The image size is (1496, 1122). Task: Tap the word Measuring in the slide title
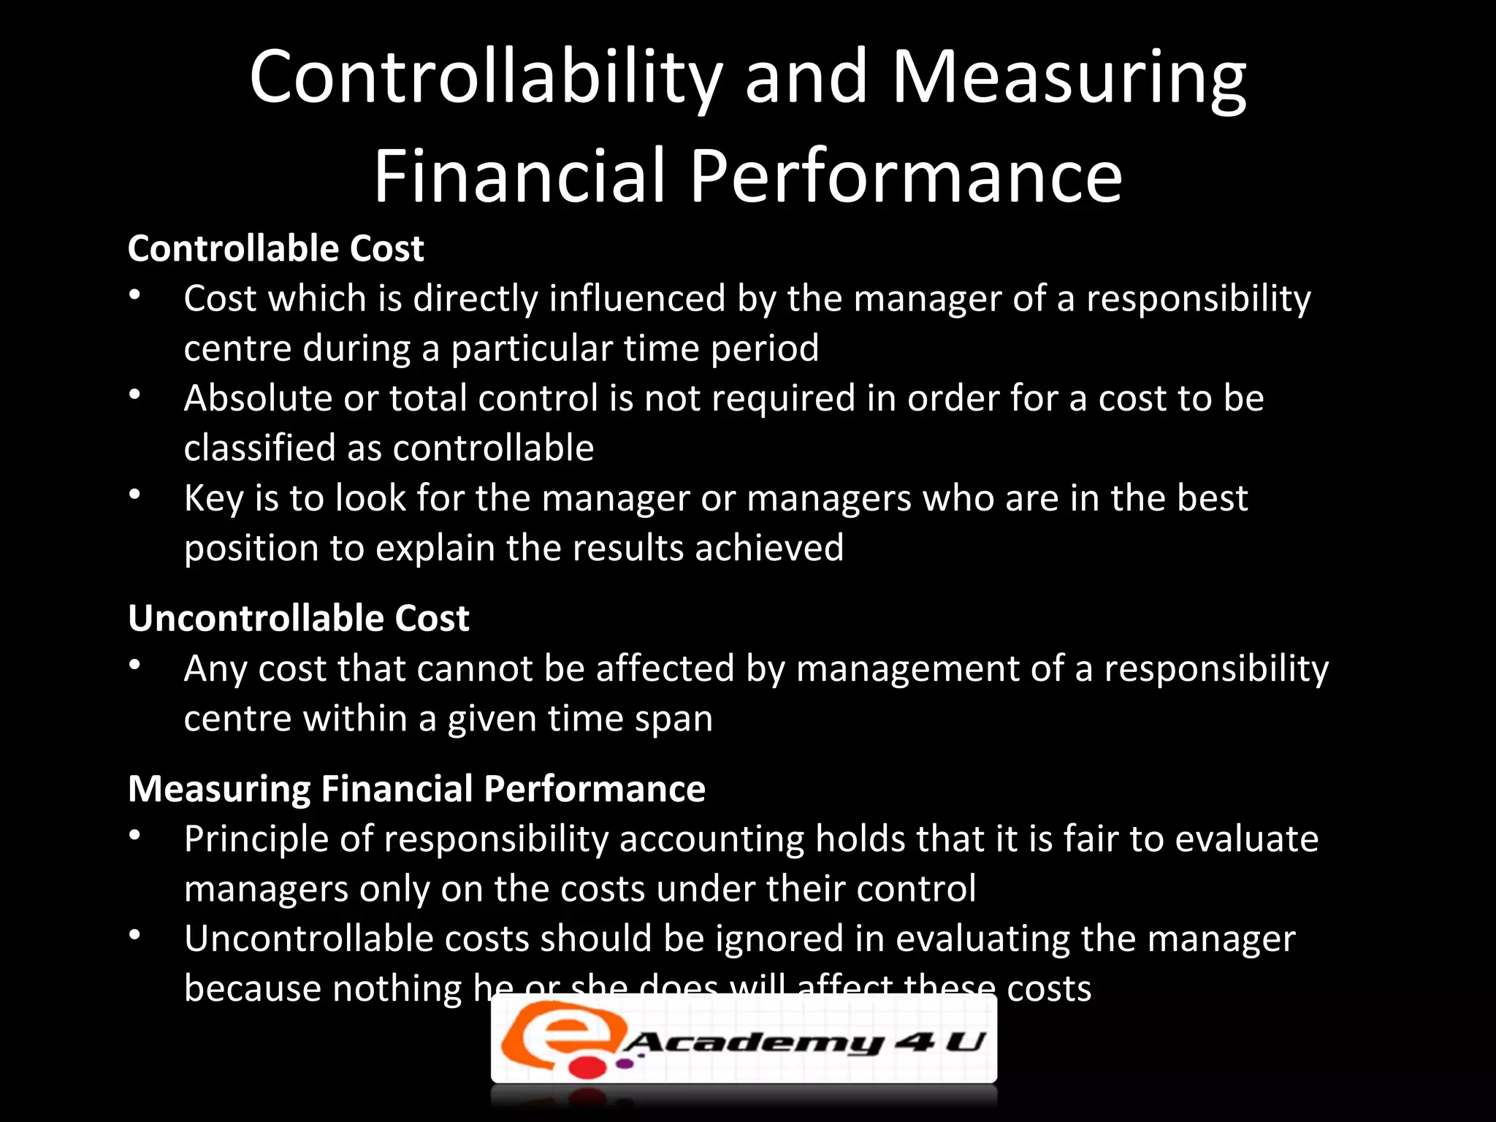tap(1069, 77)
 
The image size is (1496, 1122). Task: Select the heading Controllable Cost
tap(275, 248)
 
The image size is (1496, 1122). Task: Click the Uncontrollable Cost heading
tap(298, 618)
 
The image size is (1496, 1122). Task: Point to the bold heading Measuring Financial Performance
tap(416, 789)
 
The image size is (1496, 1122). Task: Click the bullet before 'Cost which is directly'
tap(134, 296)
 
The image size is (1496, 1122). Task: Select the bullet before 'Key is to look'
tap(134, 495)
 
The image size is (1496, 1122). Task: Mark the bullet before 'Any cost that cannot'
tap(134, 665)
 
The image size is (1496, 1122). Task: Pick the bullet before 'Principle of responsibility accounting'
tap(134, 836)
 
